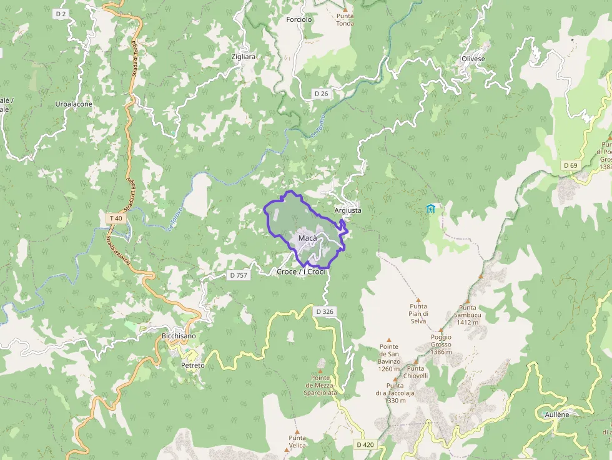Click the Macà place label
click(307, 238)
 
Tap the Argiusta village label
click(348, 210)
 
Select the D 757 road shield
click(239, 275)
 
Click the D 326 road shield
click(325, 311)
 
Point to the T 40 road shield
click(115, 218)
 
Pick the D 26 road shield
click(321, 94)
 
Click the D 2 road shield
click(61, 13)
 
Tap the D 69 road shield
click(570, 165)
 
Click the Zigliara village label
click(244, 56)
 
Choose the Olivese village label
click(473, 59)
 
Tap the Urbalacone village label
click(74, 104)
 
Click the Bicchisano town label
click(179, 336)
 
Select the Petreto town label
click(192, 365)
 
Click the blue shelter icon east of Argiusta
click(430, 208)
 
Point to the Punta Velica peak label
click(297, 442)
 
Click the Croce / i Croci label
click(301, 272)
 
